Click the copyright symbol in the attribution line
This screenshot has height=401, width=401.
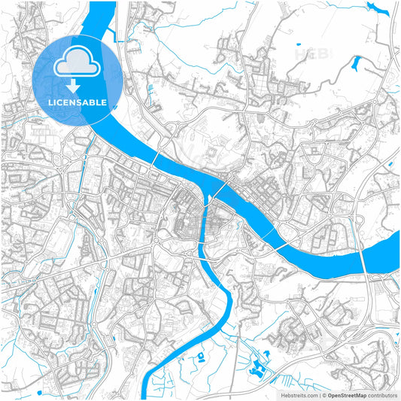pos(324,394)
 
